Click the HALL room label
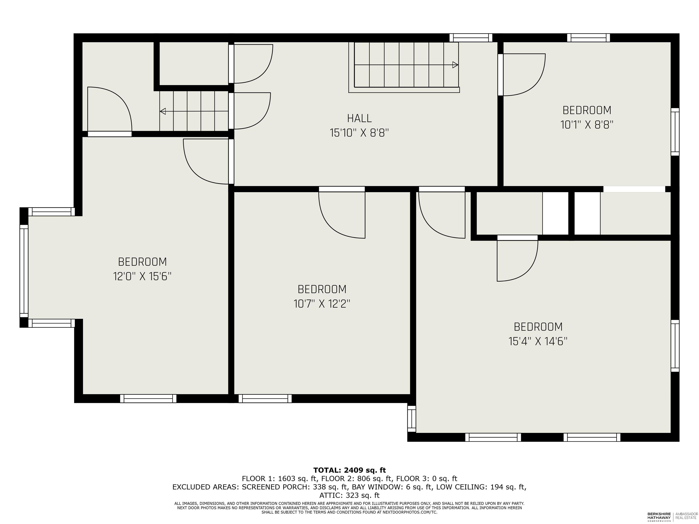[359, 118]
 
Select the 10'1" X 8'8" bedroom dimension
[587, 125]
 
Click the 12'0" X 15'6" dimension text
[142, 277]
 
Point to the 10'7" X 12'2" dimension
[322, 304]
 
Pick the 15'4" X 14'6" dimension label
[538, 341]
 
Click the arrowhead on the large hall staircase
[455, 65]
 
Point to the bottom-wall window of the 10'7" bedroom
[265, 399]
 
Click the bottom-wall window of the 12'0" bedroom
[148, 399]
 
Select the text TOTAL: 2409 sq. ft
[349, 470]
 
